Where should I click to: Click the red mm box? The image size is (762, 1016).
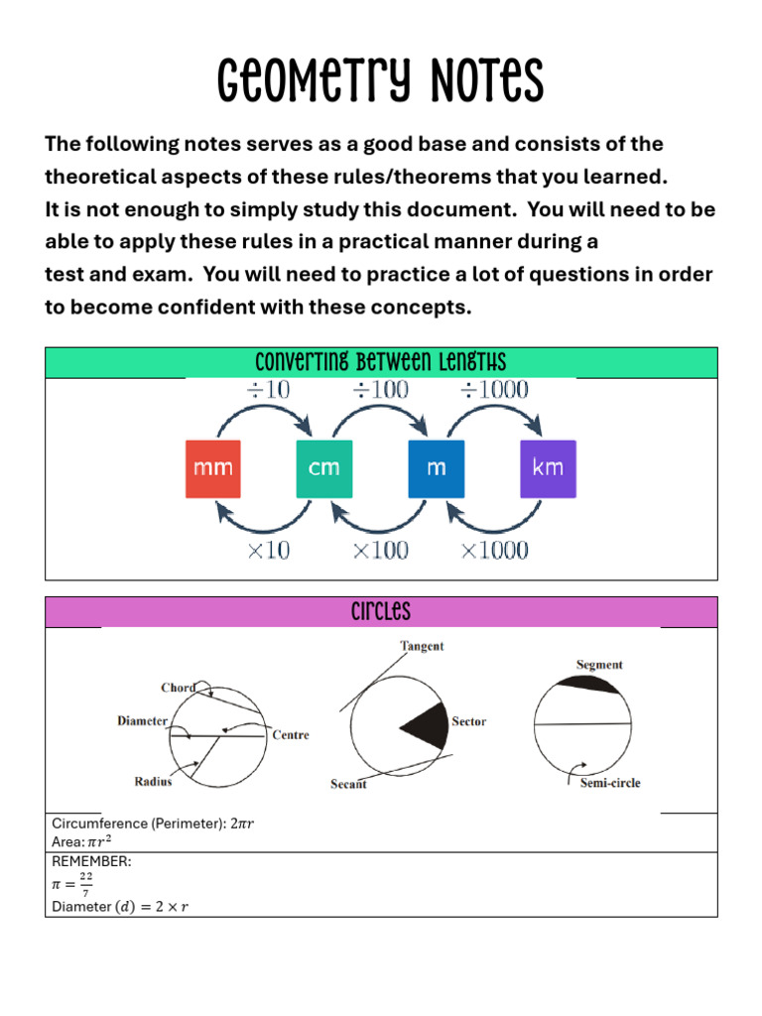click(213, 467)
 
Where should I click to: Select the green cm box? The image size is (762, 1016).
click(324, 467)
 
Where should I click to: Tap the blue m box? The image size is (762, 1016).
click(437, 467)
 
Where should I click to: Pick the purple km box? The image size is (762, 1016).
click(548, 467)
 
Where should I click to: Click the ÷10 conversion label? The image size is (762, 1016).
click(268, 390)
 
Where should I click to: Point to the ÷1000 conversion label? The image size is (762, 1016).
click(494, 390)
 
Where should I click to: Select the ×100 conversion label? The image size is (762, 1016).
click(380, 550)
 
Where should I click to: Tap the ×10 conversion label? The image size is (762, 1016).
click(268, 550)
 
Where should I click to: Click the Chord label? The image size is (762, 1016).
click(178, 688)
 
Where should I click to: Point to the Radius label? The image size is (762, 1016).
click(153, 782)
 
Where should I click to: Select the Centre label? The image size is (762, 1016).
click(291, 735)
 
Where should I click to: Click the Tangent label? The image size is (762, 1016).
click(422, 646)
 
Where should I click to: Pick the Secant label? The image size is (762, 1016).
click(348, 785)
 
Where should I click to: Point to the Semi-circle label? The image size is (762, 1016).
click(610, 783)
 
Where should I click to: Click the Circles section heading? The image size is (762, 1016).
click(381, 611)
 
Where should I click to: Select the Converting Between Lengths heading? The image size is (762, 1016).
click(381, 362)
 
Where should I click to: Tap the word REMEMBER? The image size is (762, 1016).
click(91, 861)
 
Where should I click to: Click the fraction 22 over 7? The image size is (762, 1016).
click(86, 884)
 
